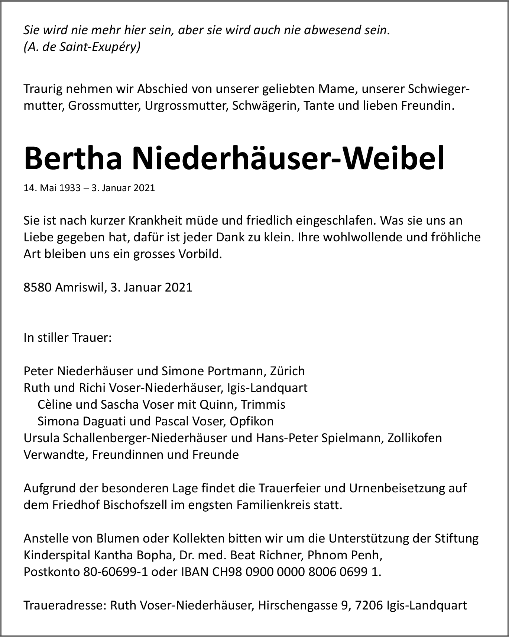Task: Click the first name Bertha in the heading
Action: point(73,158)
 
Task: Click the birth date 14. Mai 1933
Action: point(52,188)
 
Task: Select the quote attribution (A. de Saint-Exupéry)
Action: point(82,47)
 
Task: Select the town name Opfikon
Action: point(252,421)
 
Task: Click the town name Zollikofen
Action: point(415,438)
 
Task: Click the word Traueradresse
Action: point(65,605)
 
